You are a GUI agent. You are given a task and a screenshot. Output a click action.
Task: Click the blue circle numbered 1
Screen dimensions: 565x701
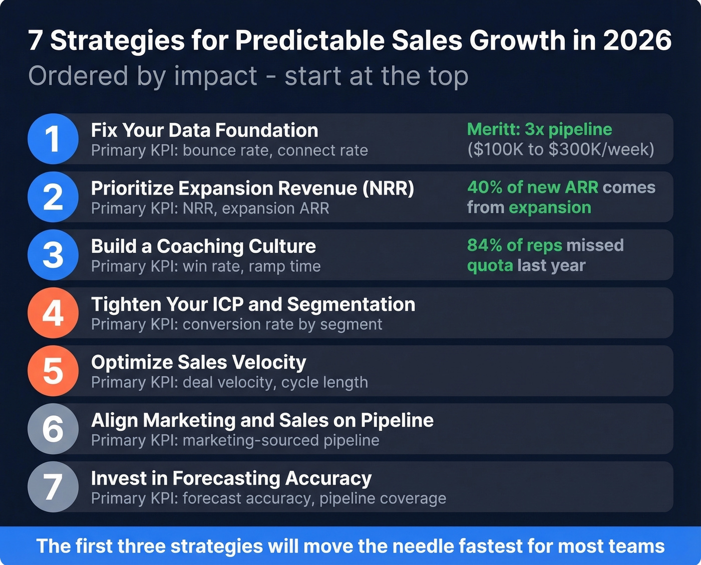tap(53, 139)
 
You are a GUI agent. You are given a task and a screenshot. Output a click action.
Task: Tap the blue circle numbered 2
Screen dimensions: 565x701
tap(53, 197)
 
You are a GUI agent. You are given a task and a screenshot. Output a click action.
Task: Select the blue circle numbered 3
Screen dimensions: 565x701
tap(53, 255)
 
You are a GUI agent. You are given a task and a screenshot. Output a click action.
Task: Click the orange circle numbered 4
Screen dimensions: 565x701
tap(53, 313)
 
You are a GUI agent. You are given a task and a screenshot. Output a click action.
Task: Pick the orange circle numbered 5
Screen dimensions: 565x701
tap(53, 371)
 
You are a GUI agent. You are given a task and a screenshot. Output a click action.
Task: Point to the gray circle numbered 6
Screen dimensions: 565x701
tap(53, 429)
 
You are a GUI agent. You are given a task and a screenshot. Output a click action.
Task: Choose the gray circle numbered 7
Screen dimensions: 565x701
tap(53, 487)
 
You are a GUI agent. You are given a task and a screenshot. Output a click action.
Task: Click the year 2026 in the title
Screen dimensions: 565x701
tap(637, 40)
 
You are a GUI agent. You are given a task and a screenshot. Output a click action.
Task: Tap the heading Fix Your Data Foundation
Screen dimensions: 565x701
tap(204, 130)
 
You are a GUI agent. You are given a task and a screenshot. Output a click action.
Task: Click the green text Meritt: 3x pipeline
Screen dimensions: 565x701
tap(539, 129)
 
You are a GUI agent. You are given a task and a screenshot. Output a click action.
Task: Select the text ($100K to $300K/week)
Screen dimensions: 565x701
tap(560, 149)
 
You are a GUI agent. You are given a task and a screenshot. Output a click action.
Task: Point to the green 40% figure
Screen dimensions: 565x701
tap(485, 187)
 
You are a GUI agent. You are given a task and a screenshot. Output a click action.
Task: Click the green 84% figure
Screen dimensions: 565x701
tap(485, 245)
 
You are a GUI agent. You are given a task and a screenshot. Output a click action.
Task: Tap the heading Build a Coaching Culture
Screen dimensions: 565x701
tap(203, 246)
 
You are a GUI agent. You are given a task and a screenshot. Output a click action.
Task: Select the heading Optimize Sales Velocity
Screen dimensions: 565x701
tap(198, 362)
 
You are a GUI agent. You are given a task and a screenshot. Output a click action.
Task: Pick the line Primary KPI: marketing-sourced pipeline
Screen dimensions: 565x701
tap(235, 441)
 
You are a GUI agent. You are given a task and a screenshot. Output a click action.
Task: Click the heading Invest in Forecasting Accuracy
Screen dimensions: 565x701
tap(231, 478)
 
